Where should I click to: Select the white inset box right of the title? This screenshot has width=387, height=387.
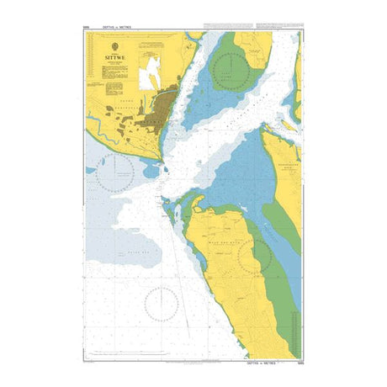[x=153, y=73]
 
